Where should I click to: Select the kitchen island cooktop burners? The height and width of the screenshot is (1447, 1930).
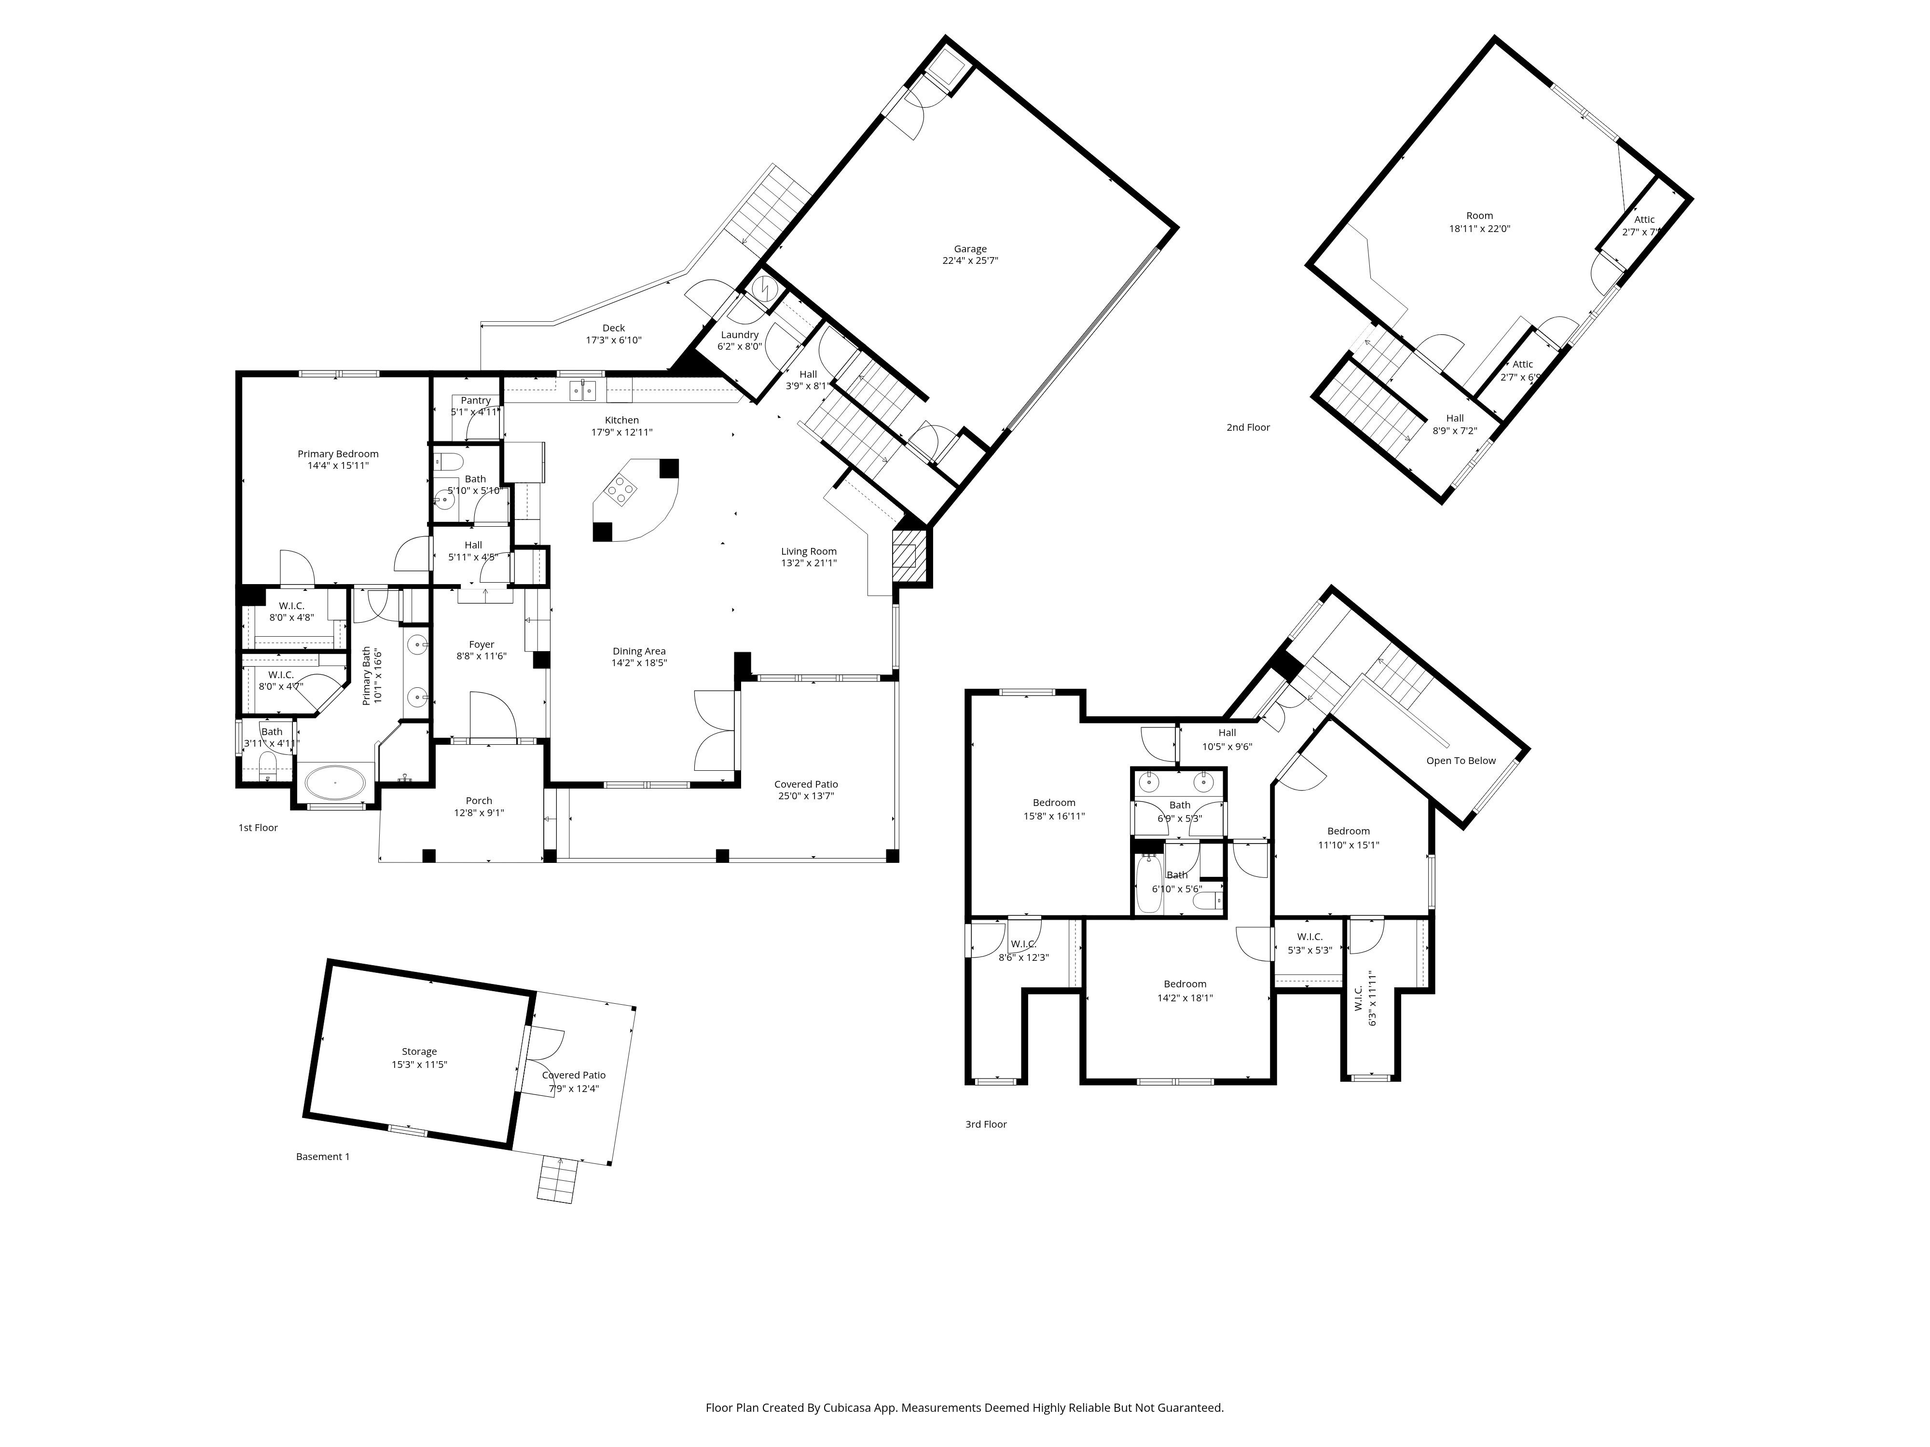pos(622,489)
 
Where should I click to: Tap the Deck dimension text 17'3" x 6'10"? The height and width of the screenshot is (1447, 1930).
pos(613,340)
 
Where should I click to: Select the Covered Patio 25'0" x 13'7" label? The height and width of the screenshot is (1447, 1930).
pos(806,790)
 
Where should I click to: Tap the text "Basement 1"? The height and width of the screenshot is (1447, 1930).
pos(323,1157)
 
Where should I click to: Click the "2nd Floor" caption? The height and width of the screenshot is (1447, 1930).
pos(1248,427)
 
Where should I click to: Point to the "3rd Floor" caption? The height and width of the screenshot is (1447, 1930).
pos(986,1124)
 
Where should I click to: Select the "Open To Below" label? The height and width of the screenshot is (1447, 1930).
pos(1461,761)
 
